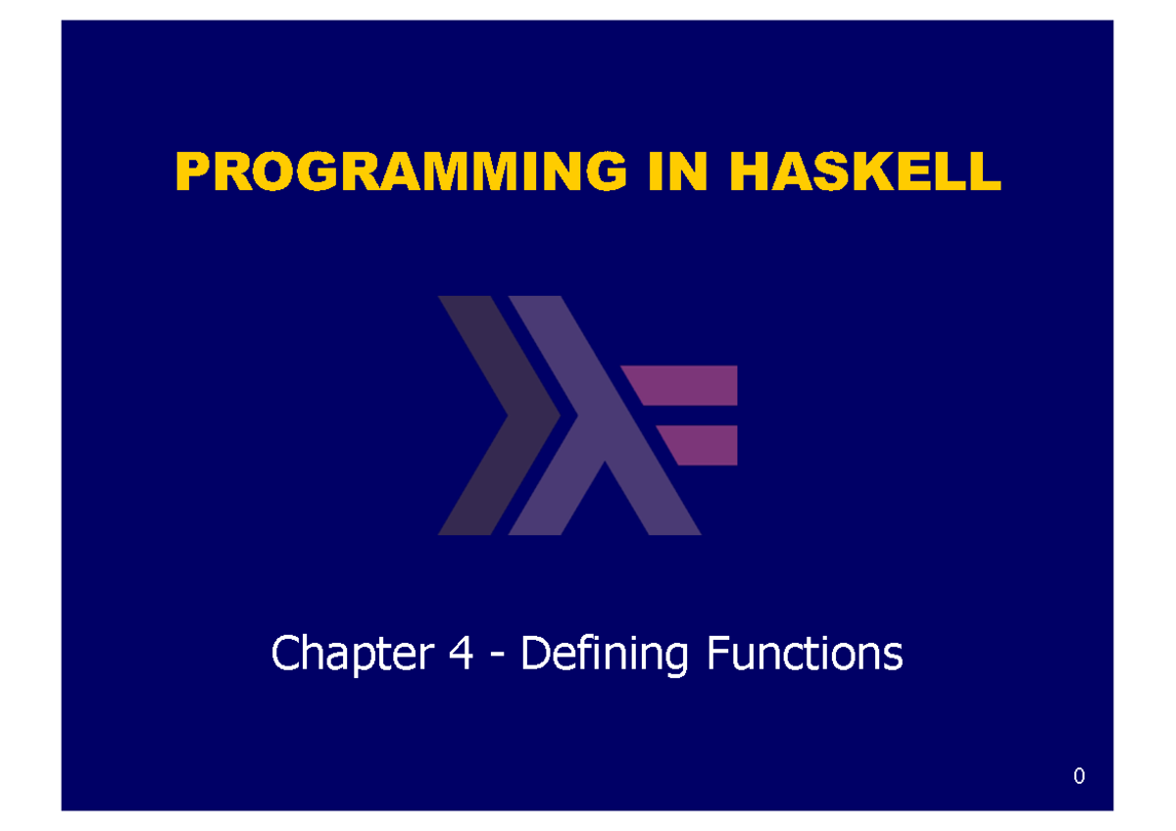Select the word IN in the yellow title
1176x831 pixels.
(678, 171)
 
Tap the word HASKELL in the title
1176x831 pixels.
(865, 171)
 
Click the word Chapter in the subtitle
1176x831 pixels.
(353, 654)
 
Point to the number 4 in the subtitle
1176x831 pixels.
(461, 653)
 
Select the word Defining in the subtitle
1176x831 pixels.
(605, 654)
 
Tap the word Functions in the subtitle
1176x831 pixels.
(805, 653)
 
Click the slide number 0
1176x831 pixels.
(1079, 776)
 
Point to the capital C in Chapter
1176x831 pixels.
(285, 653)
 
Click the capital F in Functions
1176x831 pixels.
(718, 653)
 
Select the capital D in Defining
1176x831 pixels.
(535, 653)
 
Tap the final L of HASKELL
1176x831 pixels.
(986, 171)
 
